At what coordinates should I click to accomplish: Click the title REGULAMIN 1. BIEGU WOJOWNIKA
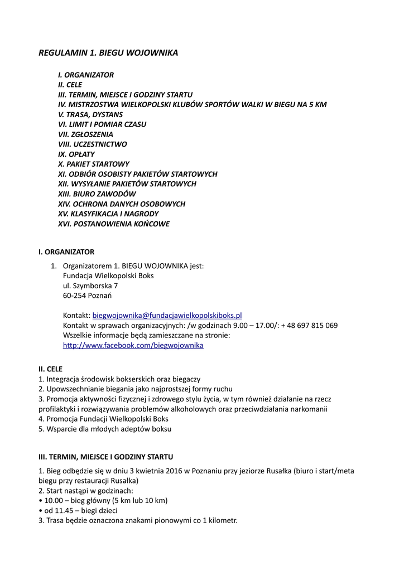point(108,53)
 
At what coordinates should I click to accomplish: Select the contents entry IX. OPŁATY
point(76,154)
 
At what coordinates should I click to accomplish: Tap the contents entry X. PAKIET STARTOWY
point(94,164)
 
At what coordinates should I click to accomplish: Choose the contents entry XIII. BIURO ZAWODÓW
point(97,193)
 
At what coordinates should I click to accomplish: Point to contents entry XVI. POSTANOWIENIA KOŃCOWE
point(114,224)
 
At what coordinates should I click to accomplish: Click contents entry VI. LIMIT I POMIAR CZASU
point(102,124)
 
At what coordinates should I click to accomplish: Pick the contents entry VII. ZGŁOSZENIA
point(85,134)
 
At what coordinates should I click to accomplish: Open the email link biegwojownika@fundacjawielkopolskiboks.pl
point(167,315)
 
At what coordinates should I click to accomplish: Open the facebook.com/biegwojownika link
point(133,345)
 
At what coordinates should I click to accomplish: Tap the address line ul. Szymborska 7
point(90,285)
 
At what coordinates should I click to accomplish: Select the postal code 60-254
point(74,296)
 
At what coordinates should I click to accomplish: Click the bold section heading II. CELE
point(50,369)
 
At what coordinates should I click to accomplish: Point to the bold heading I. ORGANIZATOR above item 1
point(66,252)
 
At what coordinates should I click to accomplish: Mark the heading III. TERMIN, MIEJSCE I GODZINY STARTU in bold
point(105,456)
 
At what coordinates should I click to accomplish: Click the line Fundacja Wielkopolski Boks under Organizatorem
point(108,275)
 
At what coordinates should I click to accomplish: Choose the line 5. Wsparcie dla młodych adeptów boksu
point(105,429)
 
